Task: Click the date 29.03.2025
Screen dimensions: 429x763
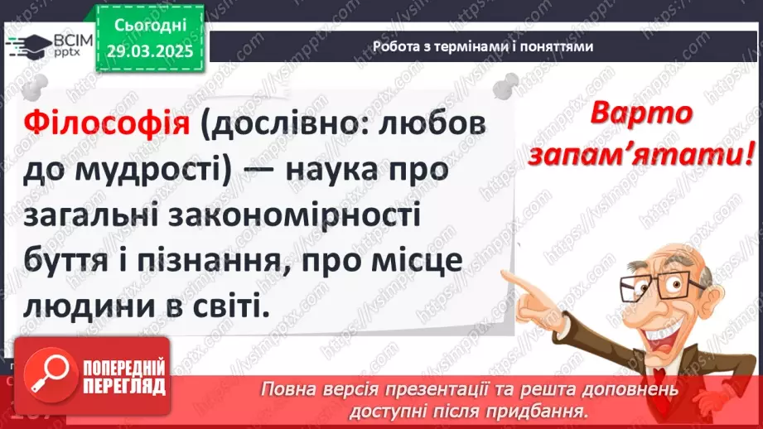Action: pyautogui.click(x=153, y=51)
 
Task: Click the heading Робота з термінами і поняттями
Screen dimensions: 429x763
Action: pyautogui.click(x=482, y=47)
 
